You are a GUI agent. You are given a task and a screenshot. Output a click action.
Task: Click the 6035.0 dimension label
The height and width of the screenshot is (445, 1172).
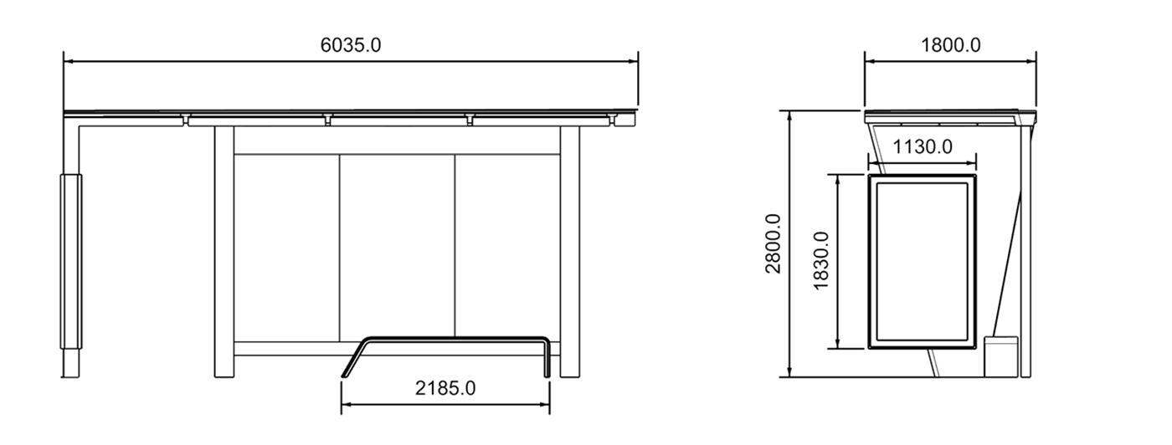pos(351,45)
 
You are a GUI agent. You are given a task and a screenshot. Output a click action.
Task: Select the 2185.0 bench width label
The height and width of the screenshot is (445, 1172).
pos(445,388)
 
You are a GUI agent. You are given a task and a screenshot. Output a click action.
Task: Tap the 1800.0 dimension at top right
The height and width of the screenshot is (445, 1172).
pos(951,45)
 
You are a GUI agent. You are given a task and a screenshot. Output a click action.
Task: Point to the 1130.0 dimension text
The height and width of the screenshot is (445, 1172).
pos(923,147)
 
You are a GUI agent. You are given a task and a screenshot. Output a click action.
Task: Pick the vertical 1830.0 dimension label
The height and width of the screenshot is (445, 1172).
pos(821,261)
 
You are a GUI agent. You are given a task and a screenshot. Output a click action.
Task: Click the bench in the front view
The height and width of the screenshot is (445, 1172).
pos(452,339)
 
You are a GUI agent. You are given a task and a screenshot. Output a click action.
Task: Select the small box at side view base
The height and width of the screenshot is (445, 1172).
pos(1000,355)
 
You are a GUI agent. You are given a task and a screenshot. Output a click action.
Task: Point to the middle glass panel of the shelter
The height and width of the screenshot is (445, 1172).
pos(397,248)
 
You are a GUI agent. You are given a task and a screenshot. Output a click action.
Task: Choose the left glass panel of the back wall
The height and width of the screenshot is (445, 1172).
pos(286,248)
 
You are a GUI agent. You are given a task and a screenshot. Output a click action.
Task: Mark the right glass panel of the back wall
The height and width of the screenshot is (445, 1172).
pos(507,248)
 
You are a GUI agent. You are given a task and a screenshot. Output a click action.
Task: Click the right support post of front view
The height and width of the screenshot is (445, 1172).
pos(570,251)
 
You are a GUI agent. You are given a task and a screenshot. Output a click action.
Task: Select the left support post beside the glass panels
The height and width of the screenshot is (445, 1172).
pos(224,251)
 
